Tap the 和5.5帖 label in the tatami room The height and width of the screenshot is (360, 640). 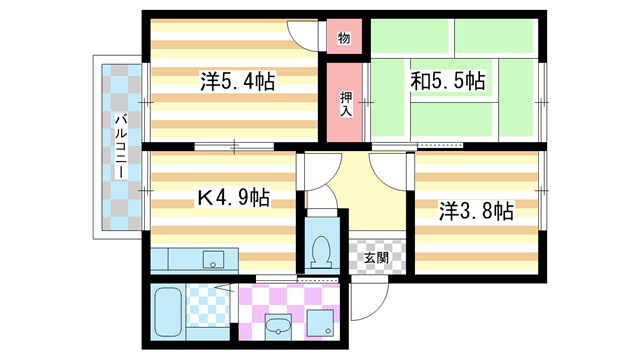tap(448, 80)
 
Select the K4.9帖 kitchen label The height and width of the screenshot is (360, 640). tap(229, 197)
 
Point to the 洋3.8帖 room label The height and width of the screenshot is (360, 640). tap(476, 211)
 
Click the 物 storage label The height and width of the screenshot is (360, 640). tap(343, 39)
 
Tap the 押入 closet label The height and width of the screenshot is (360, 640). tap(343, 104)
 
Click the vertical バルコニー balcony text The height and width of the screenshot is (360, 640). tap(119, 146)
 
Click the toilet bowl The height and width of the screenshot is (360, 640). tap(322, 251)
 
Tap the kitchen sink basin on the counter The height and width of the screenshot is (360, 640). tap(215, 261)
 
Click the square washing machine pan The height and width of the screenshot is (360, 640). tap(321, 323)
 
